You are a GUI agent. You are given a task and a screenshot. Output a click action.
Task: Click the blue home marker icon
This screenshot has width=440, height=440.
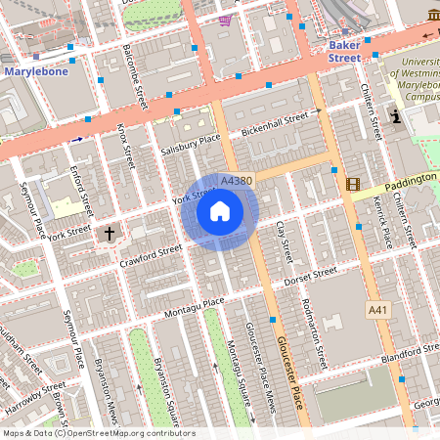(220, 211)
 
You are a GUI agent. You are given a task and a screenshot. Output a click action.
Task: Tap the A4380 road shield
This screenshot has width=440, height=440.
(238, 181)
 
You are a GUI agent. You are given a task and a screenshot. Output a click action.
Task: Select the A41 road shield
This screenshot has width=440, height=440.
(377, 310)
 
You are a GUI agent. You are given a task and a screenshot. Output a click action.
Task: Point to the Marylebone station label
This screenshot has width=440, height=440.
(37, 71)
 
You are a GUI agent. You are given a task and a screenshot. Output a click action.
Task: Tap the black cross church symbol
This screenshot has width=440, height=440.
(110, 234)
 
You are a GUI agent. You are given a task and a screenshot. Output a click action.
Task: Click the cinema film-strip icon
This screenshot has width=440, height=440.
(353, 184)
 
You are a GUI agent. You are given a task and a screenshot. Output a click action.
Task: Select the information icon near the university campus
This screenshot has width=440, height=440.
(395, 116)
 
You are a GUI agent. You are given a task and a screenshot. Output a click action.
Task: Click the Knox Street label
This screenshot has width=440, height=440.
(124, 143)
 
